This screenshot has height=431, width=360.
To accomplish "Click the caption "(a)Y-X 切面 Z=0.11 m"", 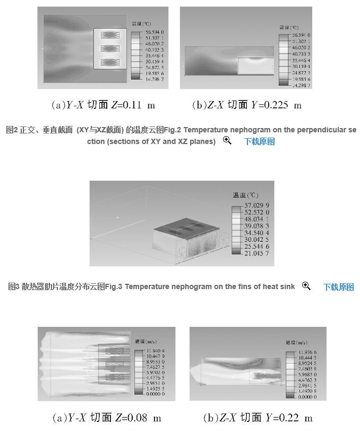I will pyautogui.click(x=103, y=105).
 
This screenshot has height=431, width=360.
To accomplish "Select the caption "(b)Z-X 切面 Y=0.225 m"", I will pyautogui.click(x=246, y=105).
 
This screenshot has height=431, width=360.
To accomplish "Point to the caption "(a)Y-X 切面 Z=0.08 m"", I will pyautogui.click(x=106, y=418).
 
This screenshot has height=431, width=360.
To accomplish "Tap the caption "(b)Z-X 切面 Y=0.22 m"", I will pyautogui.click(x=258, y=418).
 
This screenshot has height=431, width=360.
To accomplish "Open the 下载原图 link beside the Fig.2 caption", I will pyautogui.click(x=259, y=141).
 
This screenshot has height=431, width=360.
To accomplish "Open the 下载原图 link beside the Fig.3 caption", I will pyautogui.click(x=338, y=287).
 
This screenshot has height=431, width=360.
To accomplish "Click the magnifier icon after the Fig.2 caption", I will pyautogui.click(x=227, y=141).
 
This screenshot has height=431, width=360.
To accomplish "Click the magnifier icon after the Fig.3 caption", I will pyautogui.click(x=306, y=286).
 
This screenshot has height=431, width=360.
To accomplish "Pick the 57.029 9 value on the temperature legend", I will pyautogui.click(x=257, y=205).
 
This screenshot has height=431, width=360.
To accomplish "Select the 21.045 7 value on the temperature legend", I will pyautogui.click(x=257, y=253).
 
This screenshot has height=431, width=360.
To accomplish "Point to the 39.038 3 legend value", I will pyautogui.click(x=257, y=225).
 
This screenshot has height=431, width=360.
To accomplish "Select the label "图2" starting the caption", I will pyautogui.click(x=11, y=130).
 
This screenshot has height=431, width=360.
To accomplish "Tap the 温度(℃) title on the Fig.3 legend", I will pyautogui.click(x=244, y=195).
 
